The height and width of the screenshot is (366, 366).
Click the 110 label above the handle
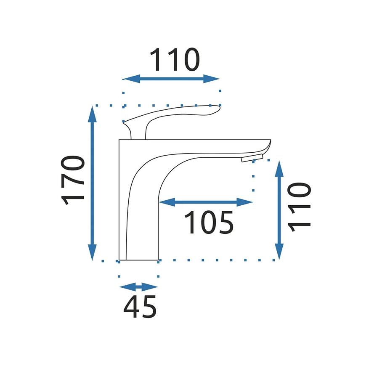(175, 60)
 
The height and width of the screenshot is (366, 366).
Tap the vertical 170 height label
(72, 180)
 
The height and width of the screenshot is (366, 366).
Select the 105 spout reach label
(209, 222)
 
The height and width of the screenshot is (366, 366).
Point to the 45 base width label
(140, 307)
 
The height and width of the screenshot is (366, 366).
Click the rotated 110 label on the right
(299, 207)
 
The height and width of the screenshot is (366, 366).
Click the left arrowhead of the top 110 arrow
(131, 79)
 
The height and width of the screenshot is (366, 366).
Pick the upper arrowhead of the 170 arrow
(93, 114)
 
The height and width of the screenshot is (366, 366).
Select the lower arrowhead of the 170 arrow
(93, 252)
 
